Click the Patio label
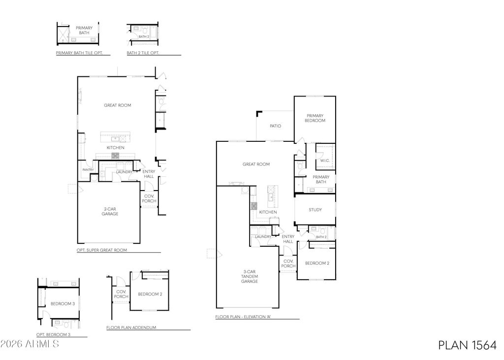pyautogui.click(x=276, y=126)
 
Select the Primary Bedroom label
pyautogui.click(x=315, y=118)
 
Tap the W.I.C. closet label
pyautogui.click(x=324, y=161)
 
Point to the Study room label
pyautogui.click(x=315, y=210)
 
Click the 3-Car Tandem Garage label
pyautogui.click(x=250, y=276)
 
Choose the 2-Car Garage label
pyautogui.click(x=110, y=211)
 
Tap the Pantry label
pyautogui.click(x=88, y=170)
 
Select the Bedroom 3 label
pyautogui.click(x=63, y=304)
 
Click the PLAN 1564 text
pyautogui.click(x=468, y=345)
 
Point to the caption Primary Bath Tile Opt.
pyautogui.click(x=79, y=53)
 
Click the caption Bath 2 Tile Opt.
pyautogui.click(x=143, y=53)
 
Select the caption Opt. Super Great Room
pyautogui.click(x=101, y=250)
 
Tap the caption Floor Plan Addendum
pyautogui.click(x=131, y=327)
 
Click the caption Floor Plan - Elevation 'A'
pyautogui.click(x=243, y=317)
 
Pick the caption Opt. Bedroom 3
pyautogui.click(x=53, y=334)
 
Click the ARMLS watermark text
pyautogui.click(x=30, y=344)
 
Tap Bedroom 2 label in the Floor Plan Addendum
pyautogui.click(x=150, y=294)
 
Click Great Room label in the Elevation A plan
pyautogui.click(x=256, y=164)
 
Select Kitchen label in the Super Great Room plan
pyautogui.click(x=115, y=148)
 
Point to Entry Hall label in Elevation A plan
pyautogui.click(x=288, y=239)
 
